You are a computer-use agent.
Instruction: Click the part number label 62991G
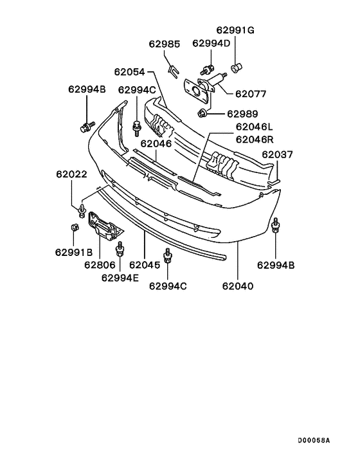pos(235,30)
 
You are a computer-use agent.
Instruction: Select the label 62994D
pos(210,43)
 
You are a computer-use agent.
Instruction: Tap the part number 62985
pos(165,44)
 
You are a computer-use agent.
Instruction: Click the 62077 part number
pos(251,93)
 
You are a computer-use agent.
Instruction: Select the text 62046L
pos(254,127)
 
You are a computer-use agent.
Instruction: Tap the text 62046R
pos(254,139)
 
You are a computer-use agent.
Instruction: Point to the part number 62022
pos(71,174)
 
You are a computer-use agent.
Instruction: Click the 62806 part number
pos(100,264)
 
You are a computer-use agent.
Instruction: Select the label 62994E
pos(120,278)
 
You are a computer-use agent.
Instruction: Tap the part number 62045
pos(144,264)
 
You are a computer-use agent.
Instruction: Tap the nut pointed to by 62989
pos(202,114)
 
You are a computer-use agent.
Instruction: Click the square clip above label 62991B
pos(73,228)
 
